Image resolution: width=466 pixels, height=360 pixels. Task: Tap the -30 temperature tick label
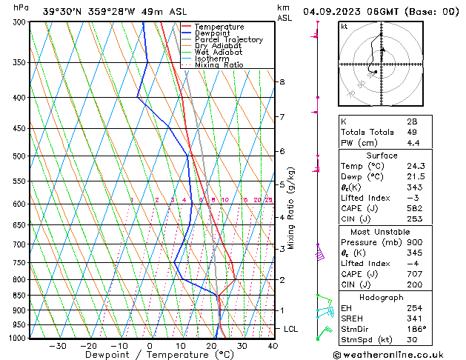tap(57, 345)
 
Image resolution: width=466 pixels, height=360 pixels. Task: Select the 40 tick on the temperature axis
tap(273, 345)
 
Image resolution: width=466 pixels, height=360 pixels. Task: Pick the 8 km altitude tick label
tap(282, 81)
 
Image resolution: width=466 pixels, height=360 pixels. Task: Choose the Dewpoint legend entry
tap(211, 33)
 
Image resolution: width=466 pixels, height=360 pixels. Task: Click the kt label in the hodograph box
tap(344, 27)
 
